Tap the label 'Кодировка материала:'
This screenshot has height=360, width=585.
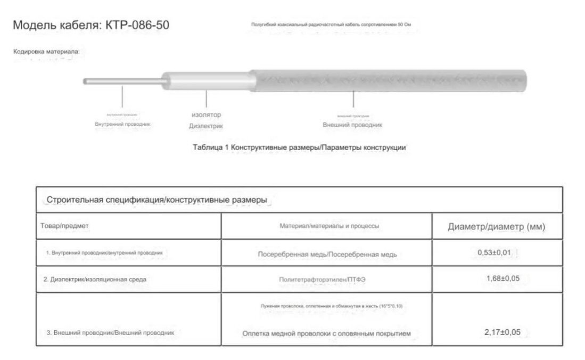click(x=46, y=52)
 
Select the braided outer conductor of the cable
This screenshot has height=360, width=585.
click(x=389, y=80)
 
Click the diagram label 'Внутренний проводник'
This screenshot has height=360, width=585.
click(x=122, y=124)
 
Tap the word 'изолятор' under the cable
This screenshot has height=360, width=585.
click(x=206, y=114)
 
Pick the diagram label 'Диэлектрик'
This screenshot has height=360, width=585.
click(x=206, y=126)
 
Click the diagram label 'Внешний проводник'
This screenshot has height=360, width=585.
click(x=352, y=125)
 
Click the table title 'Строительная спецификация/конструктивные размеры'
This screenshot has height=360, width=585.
click(x=157, y=200)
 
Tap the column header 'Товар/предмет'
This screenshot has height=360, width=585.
click(x=64, y=226)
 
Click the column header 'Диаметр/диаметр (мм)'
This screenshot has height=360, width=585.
click(x=497, y=227)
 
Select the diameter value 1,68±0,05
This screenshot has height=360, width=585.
click(x=502, y=279)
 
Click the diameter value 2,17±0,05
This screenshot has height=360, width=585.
click(x=502, y=332)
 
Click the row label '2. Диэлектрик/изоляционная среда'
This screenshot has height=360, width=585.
click(x=95, y=279)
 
